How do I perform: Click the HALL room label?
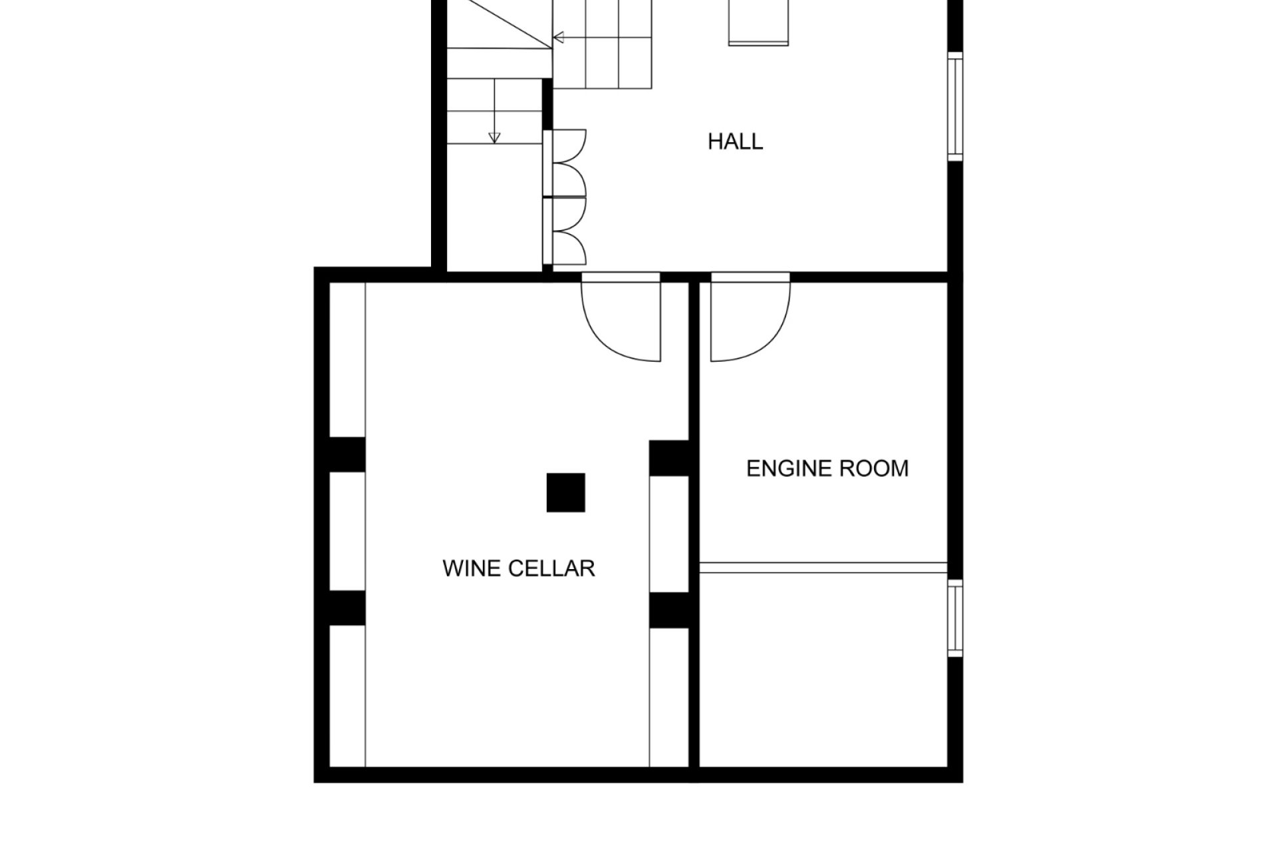point(735,142)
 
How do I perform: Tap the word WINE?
point(470,568)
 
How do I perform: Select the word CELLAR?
point(551,568)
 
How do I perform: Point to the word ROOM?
point(874,469)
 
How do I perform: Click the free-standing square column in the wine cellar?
point(566,493)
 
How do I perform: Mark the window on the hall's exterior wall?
point(955,106)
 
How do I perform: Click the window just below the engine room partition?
point(955,618)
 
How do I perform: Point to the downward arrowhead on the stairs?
point(494,138)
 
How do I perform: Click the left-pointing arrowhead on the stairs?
point(559,37)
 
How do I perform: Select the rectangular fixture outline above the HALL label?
point(758,23)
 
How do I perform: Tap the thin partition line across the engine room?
point(823,567)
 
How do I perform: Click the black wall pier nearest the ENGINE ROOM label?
point(669,458)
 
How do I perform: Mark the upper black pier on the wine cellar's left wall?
point(347,455)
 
